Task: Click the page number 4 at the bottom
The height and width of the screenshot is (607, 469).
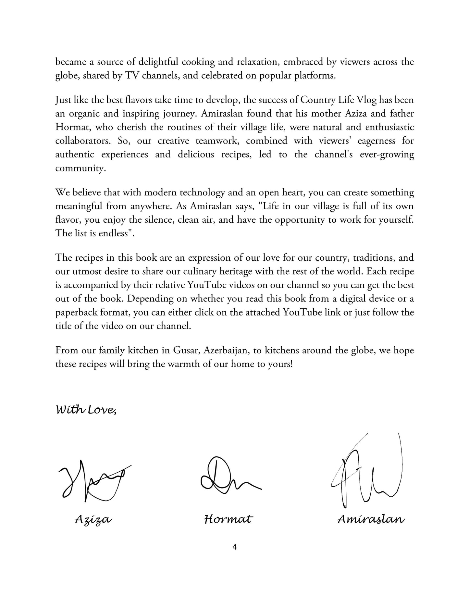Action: (235, 547)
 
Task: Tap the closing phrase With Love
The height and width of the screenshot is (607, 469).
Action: (86, 410)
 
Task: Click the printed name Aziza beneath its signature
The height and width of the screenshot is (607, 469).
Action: (93, 520)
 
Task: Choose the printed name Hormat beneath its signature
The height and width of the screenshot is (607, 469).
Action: (228, 520)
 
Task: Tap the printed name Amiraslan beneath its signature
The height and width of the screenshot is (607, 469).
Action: (371, 520)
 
